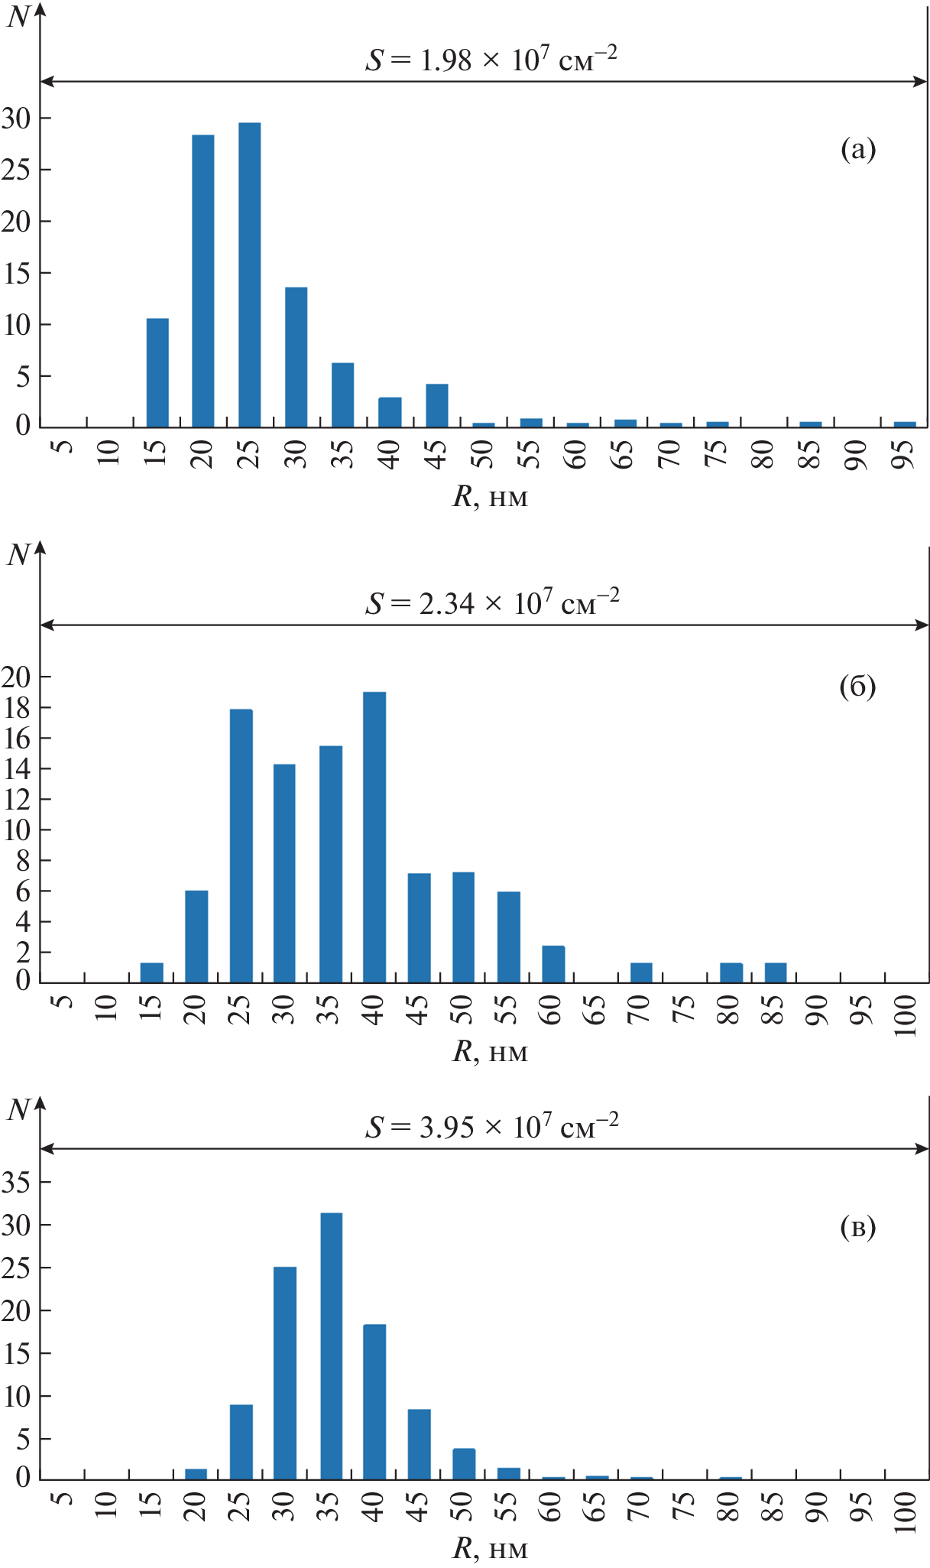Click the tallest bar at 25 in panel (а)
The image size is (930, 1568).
(x=249, y=275)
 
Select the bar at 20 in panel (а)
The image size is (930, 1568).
(x=203, y=281)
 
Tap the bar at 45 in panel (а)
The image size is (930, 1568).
(x=436, y=406)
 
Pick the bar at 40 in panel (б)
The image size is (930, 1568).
(x=374, y=837)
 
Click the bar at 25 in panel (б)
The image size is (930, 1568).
(x=241, y=846)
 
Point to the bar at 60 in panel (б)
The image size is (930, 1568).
(x=553, y=964)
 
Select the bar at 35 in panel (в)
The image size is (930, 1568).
(x=331, y=1346)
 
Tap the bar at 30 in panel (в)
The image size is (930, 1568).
(x=285, y=1373)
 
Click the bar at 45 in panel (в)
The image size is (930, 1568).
(x=419, y=1444)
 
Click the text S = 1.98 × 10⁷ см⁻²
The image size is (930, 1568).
(x=491, y=59)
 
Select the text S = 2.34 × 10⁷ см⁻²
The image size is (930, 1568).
(x=491, y=603)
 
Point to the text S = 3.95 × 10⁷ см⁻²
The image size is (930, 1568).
(x=491, y=1127)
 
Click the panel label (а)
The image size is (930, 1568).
(x=857, y=149)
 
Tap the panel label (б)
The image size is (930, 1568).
(x=857, y=687)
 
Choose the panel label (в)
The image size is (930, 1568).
(x=857, y=1227)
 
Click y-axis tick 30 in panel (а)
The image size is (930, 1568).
(x=16, y=118)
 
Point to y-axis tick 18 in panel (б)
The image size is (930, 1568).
(x=16, y=708)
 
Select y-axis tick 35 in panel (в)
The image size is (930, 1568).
(x=16, y=1183)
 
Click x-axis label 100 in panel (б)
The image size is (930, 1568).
(x=905, y=1015)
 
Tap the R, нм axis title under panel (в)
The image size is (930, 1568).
(x=490, y=1548)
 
